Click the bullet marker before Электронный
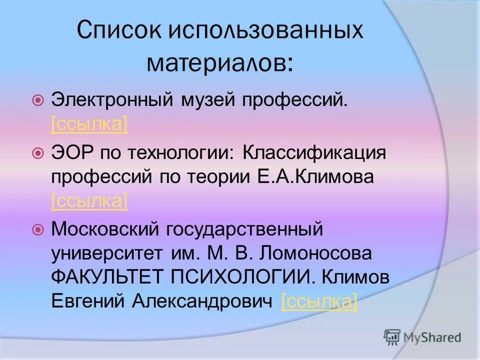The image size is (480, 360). point(38,101)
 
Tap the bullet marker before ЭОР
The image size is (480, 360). point(38,154)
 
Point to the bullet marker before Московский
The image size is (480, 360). point(38,230)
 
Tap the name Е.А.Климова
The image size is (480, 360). point(323,177)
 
